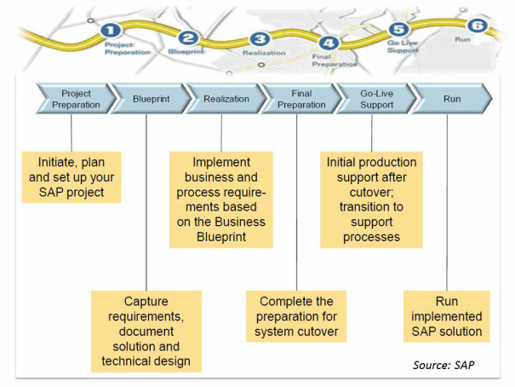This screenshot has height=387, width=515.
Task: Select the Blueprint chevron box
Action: (146, 99)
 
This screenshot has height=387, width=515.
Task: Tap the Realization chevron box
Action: (223, 99)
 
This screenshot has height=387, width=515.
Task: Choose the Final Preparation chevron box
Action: (298, 99)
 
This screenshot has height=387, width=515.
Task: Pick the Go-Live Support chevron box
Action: (372, 99)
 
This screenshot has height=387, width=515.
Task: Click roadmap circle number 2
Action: (189, 38)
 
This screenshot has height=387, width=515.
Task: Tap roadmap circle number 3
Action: (260, 39)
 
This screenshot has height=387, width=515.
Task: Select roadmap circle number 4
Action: (331, 44)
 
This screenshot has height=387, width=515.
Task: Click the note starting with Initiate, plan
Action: (71, 177)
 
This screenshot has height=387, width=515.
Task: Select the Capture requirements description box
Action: (146, 331)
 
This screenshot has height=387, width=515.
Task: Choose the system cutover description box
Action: (297, 316)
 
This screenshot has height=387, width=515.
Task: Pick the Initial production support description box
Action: (372, 199)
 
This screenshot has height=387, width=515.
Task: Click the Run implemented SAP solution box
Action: (447, 316)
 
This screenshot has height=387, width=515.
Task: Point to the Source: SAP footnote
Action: (445, 365)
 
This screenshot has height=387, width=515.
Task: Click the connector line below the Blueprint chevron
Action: (146, 205)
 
